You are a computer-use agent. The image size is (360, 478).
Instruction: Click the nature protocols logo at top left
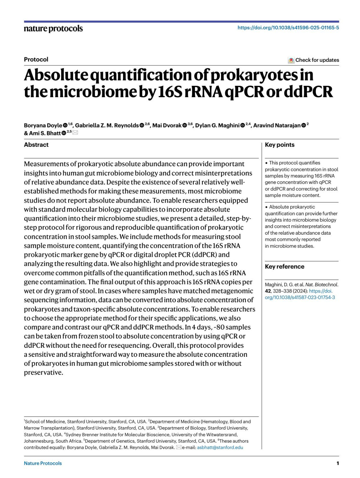click(x=53, y=29)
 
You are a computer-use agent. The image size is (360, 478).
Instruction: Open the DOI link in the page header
click(x=288, y=28)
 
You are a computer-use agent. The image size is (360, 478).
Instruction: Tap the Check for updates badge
click(x=313, y=60)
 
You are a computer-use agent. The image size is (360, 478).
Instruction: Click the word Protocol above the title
click(x=36, y=59)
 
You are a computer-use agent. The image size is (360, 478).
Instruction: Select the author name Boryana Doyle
click(x=43, y=125)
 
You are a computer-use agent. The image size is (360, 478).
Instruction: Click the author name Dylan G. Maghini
click(x=217, y=125)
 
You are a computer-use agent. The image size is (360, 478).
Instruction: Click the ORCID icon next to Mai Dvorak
click(x=185, y=125)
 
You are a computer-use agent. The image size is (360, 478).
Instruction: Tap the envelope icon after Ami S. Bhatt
click(x=75, y=133)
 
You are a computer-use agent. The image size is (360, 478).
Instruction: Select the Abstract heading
click(x=36, y=145)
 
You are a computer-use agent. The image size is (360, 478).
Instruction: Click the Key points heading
click(x=280, y=145)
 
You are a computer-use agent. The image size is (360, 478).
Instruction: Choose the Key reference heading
click(x=284, y=266)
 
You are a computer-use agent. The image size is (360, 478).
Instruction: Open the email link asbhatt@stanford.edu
click(x=220, y=447)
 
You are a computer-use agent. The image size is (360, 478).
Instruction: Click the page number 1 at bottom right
click(x=337, y=463)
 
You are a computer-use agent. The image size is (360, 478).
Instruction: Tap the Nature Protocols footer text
click(x=43, y=463)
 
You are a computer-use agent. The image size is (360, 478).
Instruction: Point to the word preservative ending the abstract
click(x=43, y=373)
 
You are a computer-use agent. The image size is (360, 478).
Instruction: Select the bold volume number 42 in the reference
click(x=268, y=291)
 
